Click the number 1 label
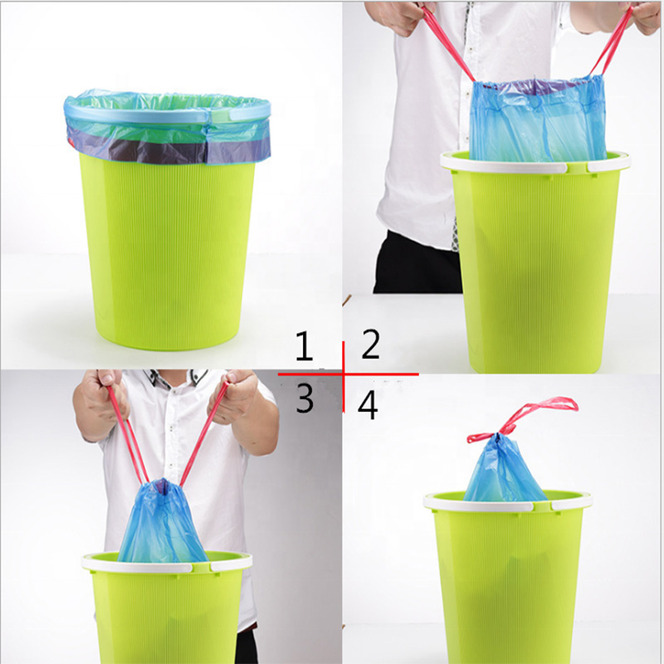(305, 347)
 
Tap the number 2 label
(370, 344)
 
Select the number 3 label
(305, 398)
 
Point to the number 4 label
(368, 405)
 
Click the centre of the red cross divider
(344, 374)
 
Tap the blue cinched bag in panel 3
(162, 523)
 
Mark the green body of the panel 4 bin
(506, 581)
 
